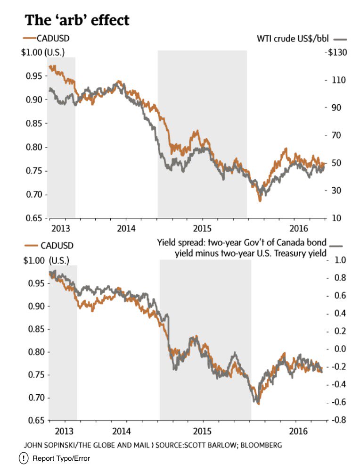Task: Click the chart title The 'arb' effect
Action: pyautogui.click(x=77, y=20)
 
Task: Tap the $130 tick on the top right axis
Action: pyautogui.click(x=337, y=52)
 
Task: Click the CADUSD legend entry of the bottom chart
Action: pyautogui.click(x=49, y=245)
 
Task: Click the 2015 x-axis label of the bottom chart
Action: pyautogui.click(x=203, y=432)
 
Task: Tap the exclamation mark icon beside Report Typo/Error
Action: pyautogui.click(x=24, y=458)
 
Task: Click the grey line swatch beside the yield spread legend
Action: pyautogui.click(x=336, y=245)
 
